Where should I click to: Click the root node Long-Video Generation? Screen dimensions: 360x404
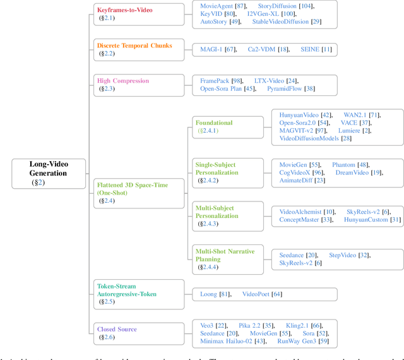pos(48,173)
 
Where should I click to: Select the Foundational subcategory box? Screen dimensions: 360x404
pos(226,127)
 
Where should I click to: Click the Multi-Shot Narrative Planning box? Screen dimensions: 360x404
pos(226,259)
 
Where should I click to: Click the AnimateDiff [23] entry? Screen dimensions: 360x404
pos(302,180)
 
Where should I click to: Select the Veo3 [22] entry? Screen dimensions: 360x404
pos(211,325)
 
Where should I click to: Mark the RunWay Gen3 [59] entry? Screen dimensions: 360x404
pos(303,342)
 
